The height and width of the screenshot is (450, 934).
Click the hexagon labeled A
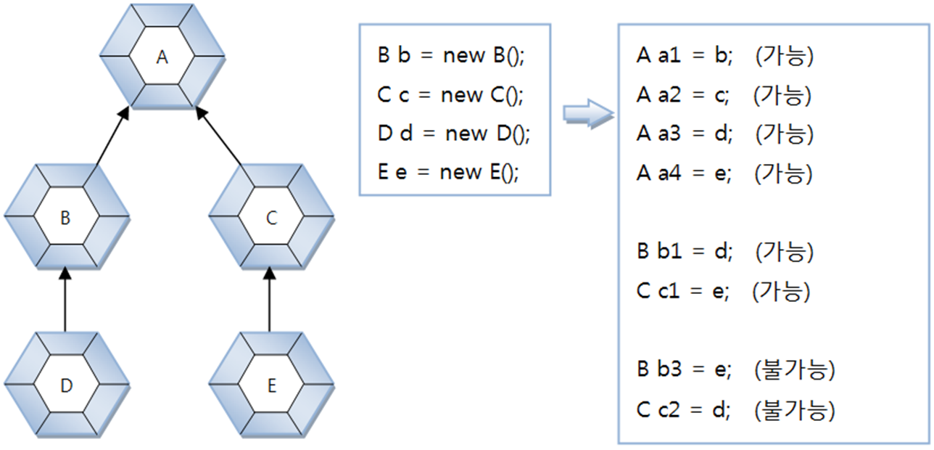162,57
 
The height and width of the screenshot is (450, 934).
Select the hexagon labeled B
66,218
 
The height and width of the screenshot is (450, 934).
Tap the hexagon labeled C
271,218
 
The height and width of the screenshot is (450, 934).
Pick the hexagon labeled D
66,385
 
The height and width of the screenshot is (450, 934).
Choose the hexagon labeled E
271,385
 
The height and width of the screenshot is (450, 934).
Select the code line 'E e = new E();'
449,172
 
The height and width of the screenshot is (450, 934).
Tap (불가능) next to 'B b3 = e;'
795,370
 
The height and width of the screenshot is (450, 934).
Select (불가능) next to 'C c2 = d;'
795,411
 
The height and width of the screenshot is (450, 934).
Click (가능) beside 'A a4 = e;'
784,173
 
